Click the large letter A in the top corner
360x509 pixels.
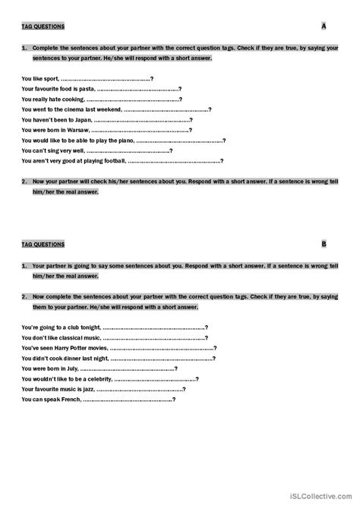(324, 26)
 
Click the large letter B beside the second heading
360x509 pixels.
(324, 243)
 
